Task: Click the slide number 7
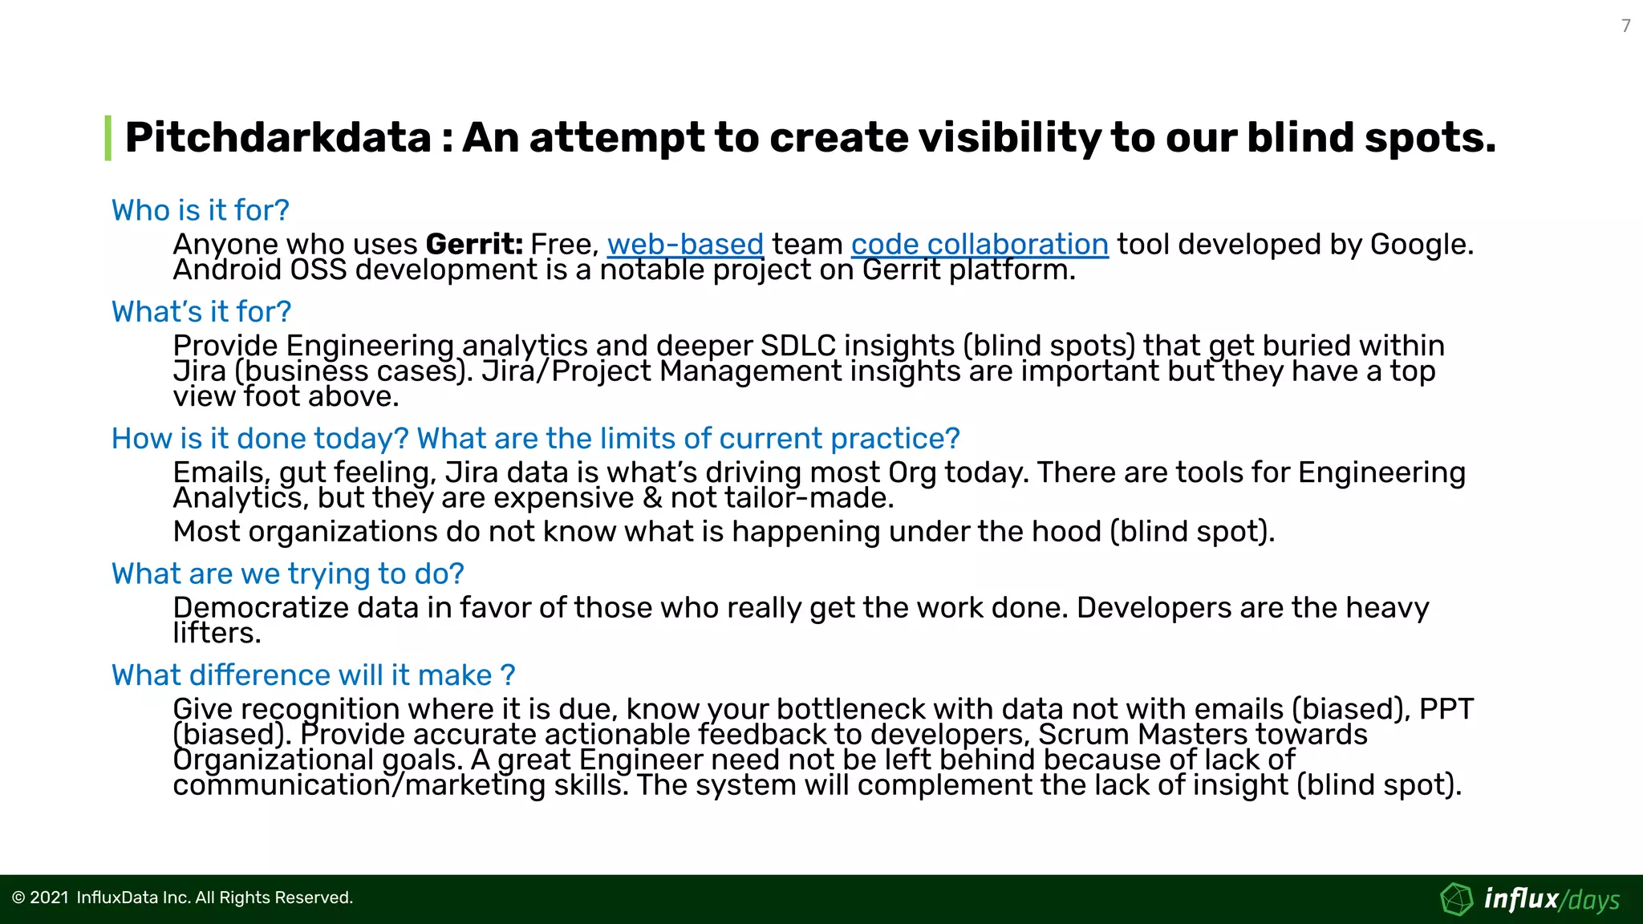pos(1625,26)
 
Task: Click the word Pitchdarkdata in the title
pos(278,137)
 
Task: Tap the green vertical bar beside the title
pos(108,138)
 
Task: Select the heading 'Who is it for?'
pos(200,210)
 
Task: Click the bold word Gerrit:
pos(474,244)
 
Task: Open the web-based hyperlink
pos(685,244)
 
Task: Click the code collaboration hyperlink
pos(980,244)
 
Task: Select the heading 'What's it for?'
pos(201,311)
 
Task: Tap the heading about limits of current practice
pos(535,438)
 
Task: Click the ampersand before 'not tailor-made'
pos(652,498)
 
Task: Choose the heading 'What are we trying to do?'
pos(287,573)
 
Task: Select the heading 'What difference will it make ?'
pos(313,675)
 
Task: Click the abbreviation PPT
pos(1446,709)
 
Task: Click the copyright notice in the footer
pos(182,898)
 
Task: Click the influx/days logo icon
pos(1456,899)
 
